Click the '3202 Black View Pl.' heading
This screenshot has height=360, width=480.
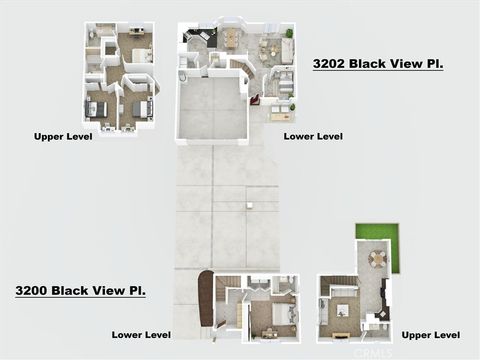click(378, 63)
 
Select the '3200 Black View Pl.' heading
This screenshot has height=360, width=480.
click(80, 290)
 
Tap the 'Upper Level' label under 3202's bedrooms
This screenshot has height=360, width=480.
click(63, 137)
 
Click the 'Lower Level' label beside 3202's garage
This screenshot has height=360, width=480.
click(313, 135)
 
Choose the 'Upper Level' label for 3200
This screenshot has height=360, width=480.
click(430, 334)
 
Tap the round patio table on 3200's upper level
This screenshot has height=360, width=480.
click(376, 258)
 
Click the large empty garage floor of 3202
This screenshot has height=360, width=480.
click(212, 107)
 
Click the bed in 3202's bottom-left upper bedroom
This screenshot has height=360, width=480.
click(95, 108)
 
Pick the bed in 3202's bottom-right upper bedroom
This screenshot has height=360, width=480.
click(141, 108)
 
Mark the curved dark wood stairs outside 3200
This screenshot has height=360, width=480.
click(206, 297)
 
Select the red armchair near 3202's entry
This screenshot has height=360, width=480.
click(255, 99)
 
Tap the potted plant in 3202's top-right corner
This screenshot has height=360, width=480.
click(288, 33)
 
